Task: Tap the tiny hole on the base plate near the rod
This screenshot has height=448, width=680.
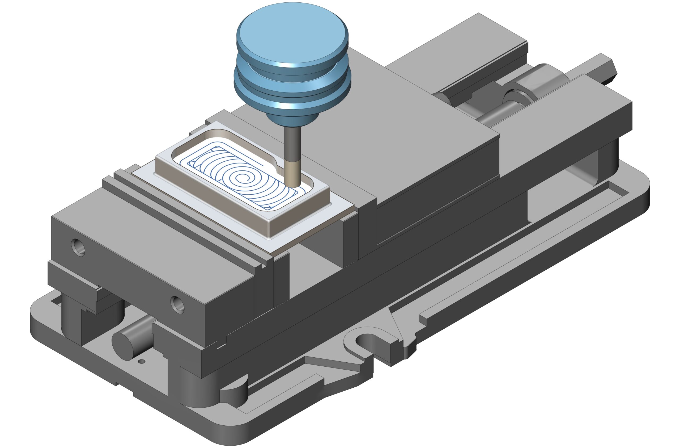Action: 141,362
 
